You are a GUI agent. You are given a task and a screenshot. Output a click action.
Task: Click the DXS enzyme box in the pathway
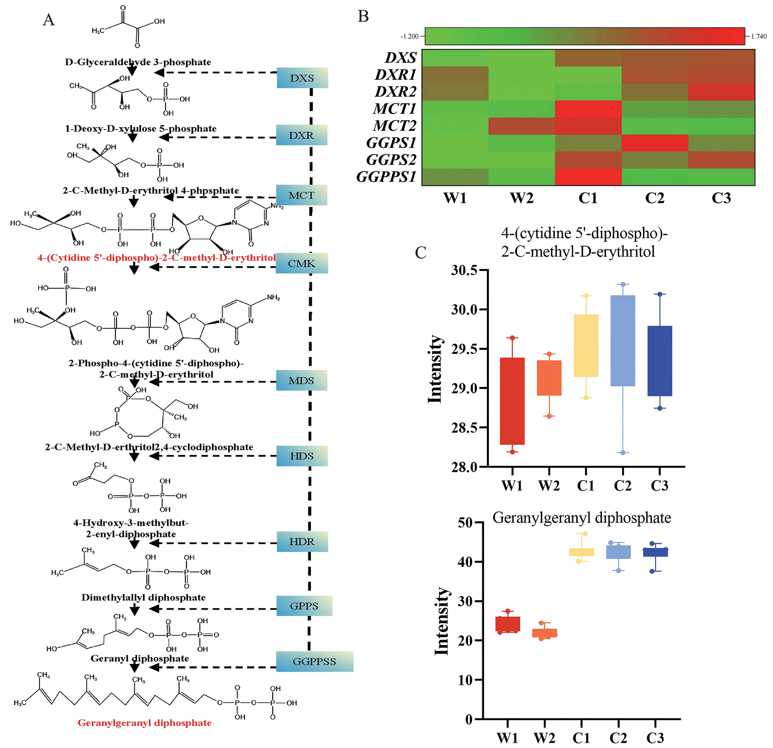click(302, 78)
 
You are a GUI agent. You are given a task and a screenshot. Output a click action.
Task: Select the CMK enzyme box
click(301, 263)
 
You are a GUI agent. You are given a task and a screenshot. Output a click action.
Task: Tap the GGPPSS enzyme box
click(314, 662)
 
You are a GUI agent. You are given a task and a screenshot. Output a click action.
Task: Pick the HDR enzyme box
click(302, 541)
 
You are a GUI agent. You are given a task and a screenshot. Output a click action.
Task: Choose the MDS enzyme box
click(301, 381)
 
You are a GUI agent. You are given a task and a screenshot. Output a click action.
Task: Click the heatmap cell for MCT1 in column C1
click(588, 109)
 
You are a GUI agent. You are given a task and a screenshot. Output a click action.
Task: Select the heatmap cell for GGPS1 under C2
click(655, 143)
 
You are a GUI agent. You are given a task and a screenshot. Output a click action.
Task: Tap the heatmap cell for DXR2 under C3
click(721, 92)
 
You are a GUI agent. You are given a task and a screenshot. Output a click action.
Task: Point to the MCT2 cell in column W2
click(521, 126)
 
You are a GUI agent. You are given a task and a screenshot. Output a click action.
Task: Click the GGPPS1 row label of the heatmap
click(386, 177)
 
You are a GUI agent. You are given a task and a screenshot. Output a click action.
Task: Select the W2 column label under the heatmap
click(521, 198)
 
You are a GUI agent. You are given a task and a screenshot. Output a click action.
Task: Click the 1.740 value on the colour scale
click(759, 37)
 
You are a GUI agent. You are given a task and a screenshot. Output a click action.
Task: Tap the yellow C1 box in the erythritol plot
click(586, 345)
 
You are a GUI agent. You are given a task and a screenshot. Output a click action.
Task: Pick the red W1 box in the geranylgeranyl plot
click(508, 624)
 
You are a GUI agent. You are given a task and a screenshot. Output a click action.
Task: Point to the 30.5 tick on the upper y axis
click(464, 270)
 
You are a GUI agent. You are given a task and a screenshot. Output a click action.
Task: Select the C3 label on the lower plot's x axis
click(655, 738)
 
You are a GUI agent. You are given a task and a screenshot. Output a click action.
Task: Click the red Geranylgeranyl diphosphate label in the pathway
click(144, 723)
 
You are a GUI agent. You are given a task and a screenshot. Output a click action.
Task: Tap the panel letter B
click(363, 16)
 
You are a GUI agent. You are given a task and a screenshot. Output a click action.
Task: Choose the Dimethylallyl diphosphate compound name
click(143, 597)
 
